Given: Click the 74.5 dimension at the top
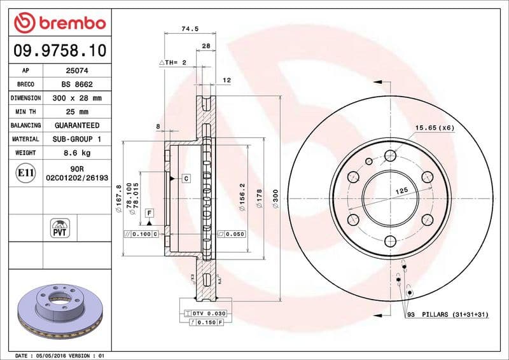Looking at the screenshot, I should (x=187, y=29).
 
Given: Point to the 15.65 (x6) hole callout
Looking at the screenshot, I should (x=435, y=128).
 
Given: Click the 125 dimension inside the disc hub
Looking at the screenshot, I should (x=401, y=190).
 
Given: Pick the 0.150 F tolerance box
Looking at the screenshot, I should (x=207, y=324).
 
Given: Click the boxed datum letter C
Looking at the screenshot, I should (x=186, y=179).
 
